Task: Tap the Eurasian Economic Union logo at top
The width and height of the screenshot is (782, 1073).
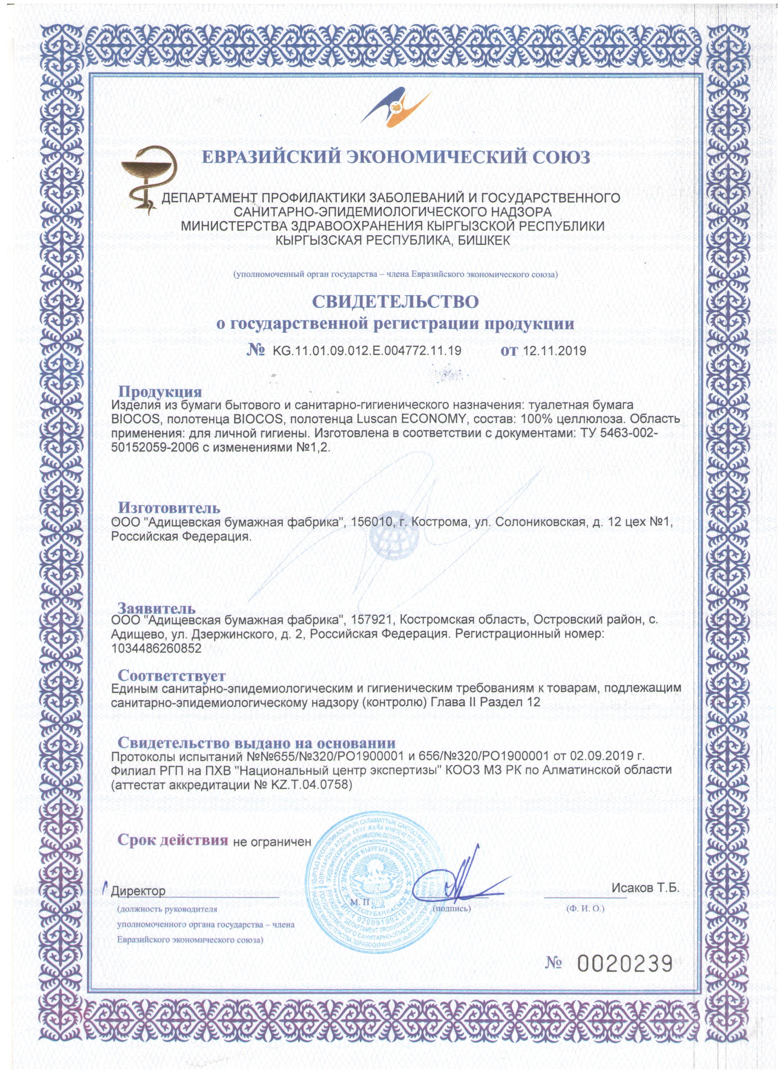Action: click(x=395, y=109)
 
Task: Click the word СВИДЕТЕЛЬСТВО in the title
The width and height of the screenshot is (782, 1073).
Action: click(x=395, y=301)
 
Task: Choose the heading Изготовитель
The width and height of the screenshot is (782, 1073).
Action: click(x=169, y=508)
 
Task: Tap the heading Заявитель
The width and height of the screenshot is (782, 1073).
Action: click(x=156, y=608)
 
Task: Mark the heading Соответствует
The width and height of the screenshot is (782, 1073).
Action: click(x=171, y=675)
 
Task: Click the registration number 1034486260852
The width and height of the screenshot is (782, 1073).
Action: click(x=156, y=648)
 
